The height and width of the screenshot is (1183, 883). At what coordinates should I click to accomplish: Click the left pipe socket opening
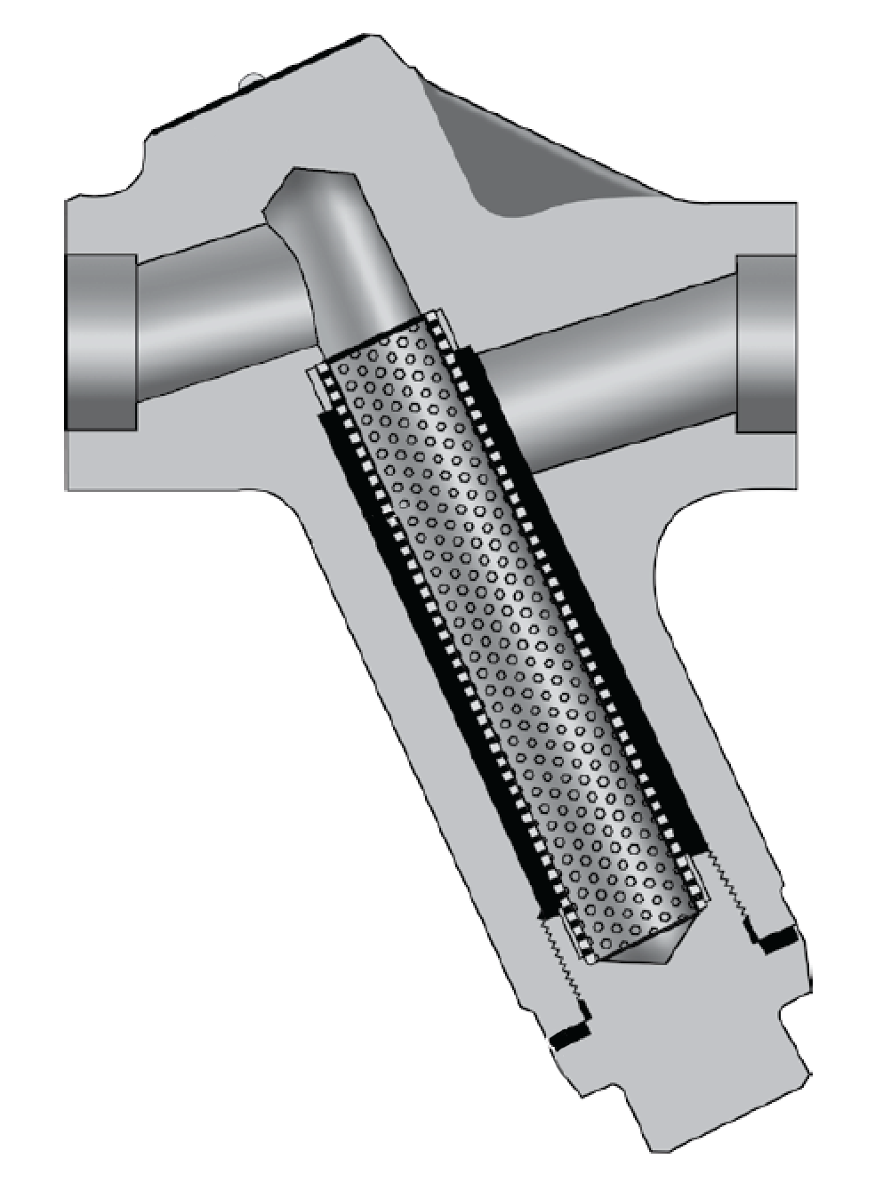(100, 342)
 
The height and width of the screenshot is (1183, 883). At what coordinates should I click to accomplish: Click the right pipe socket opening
(766, 342)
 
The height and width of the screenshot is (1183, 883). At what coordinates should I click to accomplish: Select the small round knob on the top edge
(251, 80)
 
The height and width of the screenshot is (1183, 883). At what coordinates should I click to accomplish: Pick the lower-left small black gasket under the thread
(569, 1035)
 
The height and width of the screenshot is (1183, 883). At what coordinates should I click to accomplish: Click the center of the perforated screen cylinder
(516, 640)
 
